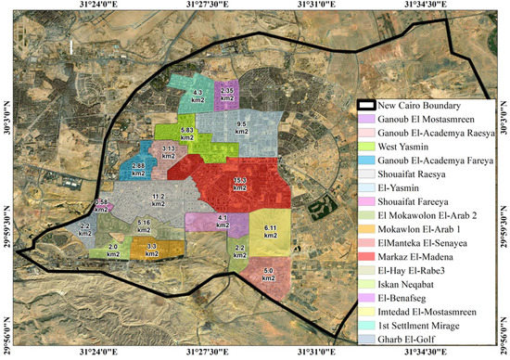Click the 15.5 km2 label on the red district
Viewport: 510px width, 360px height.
point(239,183)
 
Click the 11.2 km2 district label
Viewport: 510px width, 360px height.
point(159,201)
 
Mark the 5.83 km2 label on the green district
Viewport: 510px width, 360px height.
point(187,135)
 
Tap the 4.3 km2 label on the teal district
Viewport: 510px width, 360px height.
point(198,96)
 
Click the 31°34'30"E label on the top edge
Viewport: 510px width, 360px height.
point(427,6)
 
